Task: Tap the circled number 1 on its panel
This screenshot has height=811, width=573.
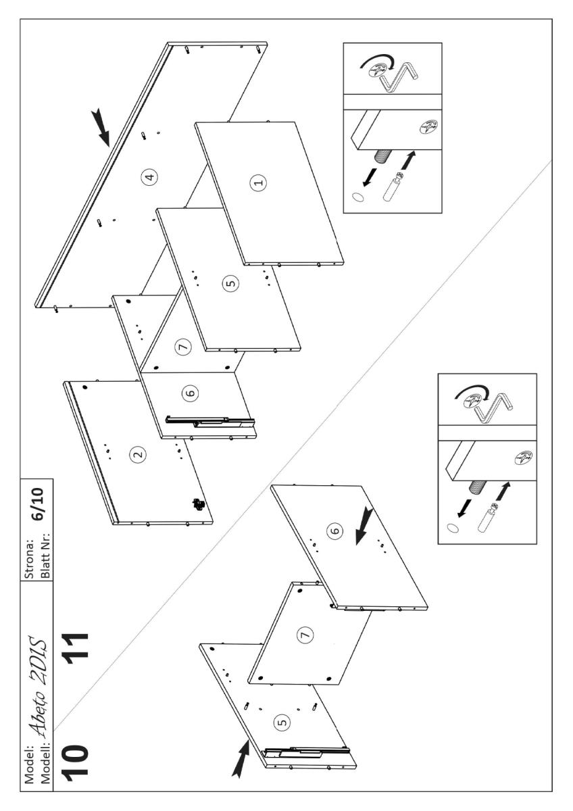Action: pos(257,181)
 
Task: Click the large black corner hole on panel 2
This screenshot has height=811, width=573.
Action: pos(85,387)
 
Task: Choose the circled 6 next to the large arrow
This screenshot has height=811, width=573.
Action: pos(334,532)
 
